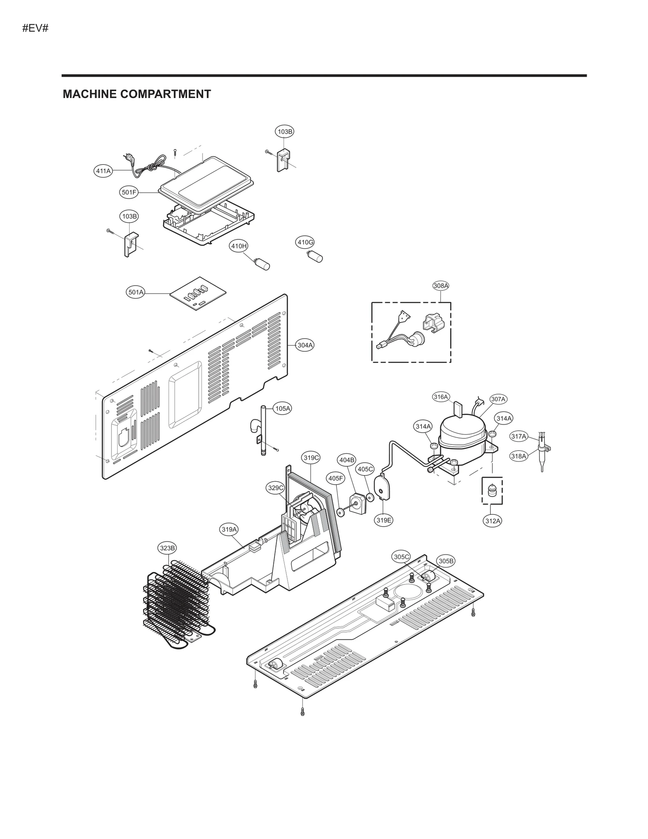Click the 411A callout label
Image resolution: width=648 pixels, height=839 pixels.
point(103,171)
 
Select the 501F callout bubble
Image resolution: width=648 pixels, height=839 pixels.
point(129,192)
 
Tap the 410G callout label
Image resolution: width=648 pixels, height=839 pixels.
point(305,242)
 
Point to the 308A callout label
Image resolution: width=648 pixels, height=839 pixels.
point(441,286)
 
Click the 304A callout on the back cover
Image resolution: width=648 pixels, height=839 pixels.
point(305,345)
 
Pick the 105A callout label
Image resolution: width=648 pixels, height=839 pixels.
point(283,408)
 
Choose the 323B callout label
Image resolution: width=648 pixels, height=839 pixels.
point(167,548)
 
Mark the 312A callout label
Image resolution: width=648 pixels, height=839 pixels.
point(492,521)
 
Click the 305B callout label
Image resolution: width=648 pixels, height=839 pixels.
point(446,561)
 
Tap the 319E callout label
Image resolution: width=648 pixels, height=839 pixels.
point(384,520)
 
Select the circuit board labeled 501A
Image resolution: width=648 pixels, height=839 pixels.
point(198,294)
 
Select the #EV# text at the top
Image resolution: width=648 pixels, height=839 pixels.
point(36,29)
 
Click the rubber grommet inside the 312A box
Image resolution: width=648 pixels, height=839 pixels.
point(492,491)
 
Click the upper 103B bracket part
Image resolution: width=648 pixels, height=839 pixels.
point(283,160)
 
